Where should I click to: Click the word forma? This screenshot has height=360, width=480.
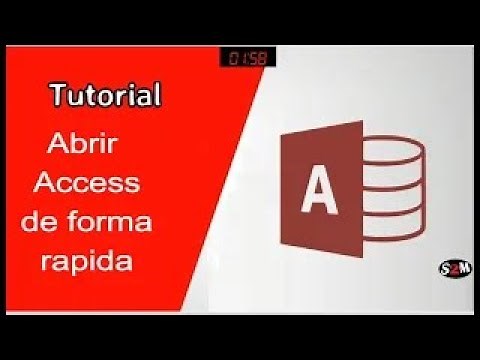[122, 222]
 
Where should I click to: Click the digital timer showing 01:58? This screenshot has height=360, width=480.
[241, 58]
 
